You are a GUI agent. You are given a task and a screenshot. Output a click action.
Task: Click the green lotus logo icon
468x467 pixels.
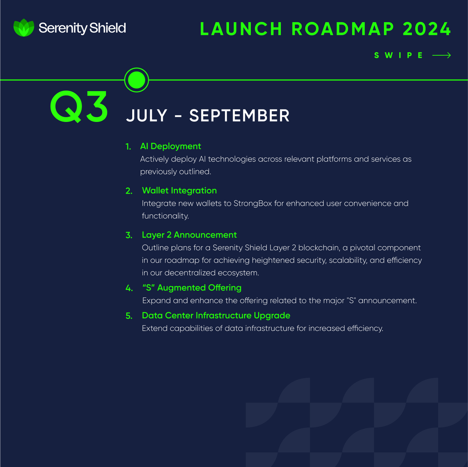(24, 28)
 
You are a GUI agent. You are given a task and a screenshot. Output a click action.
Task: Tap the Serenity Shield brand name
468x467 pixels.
(82, 28)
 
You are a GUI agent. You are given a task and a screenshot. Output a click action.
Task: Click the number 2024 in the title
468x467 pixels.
(427, 29)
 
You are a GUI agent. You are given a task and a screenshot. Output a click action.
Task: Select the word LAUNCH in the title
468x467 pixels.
(241, 29)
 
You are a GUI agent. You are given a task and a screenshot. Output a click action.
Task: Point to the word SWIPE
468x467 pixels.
(398, 55)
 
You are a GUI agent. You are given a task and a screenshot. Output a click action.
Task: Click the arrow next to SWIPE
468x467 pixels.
(441, 55)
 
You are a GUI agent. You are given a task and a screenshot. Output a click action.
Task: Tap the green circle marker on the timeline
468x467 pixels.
(136, 80)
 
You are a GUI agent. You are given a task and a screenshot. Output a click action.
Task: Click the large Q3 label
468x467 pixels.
(79, 107)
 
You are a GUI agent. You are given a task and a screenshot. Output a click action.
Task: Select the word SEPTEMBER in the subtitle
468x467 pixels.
(239, 116)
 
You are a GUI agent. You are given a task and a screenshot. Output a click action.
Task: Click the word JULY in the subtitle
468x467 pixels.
(147, 116)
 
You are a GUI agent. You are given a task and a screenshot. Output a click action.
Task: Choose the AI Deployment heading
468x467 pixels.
(170, 146)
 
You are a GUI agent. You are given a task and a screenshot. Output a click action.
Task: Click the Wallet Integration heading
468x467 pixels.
(179, 190)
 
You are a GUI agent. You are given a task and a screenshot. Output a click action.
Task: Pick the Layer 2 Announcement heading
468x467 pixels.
(189, 235)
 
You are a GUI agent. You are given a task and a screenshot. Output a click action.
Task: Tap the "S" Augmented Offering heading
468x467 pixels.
(192, 288)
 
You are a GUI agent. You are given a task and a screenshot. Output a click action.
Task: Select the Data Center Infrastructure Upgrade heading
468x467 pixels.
(216, 315)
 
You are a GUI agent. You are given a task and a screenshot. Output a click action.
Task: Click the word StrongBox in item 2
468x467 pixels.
(252, 203)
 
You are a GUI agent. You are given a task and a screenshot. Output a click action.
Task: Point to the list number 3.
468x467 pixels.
(129, 235)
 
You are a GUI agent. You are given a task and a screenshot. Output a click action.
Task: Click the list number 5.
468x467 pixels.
(129, 316)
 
